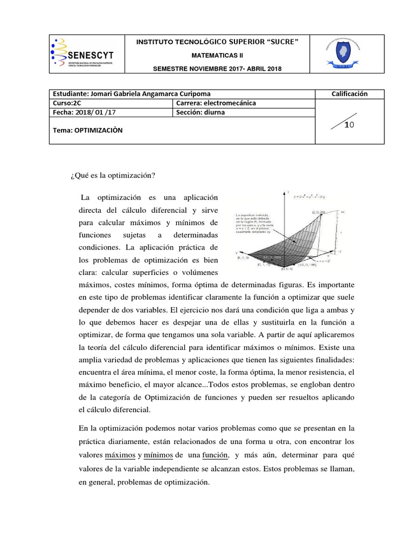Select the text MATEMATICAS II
[x=217, y=56]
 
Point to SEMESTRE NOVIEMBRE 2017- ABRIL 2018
[x=217, y=69]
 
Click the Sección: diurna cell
[x=199, y=112]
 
